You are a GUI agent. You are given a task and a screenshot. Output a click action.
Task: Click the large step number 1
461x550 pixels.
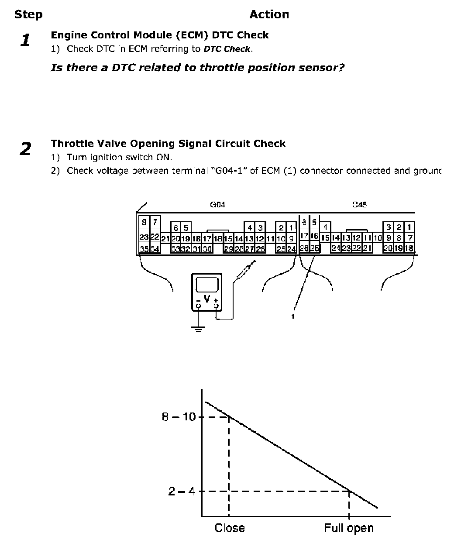point(25,41)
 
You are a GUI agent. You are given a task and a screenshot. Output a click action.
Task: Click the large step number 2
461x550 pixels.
point(25,149)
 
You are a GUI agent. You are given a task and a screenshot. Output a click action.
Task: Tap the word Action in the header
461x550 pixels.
point(269,14)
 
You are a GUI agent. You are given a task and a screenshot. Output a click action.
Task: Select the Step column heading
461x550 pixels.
point(28,14)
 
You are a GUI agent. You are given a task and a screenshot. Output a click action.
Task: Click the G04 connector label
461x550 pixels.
point(217,204)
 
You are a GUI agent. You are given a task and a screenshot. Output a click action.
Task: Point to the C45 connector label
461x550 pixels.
point(359,204)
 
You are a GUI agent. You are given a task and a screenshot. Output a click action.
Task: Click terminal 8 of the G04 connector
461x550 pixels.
point(144,222)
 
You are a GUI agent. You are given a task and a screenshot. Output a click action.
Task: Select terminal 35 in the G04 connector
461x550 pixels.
point(144,249)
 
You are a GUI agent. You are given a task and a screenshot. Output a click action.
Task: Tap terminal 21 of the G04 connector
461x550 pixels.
point(165,239)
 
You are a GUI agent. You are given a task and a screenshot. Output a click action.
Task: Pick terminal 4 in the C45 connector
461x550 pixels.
point(325,227)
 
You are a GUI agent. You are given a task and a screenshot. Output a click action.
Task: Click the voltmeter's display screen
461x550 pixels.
point(207,285)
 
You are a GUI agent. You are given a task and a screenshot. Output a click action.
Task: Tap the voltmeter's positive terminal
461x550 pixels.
point(216,306)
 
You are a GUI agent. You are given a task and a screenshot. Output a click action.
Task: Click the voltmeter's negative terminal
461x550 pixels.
point(199,306)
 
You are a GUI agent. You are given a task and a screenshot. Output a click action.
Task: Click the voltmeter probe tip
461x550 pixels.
point(254,262)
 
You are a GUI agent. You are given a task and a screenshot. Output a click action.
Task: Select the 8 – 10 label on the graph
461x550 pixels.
point(179,417)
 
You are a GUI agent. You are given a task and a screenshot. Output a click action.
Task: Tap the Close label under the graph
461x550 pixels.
point(229,528)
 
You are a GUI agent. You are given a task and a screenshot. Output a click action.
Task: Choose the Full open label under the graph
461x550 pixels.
point(348,528)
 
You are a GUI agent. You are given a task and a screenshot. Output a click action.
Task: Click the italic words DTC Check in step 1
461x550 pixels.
point(227,49)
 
